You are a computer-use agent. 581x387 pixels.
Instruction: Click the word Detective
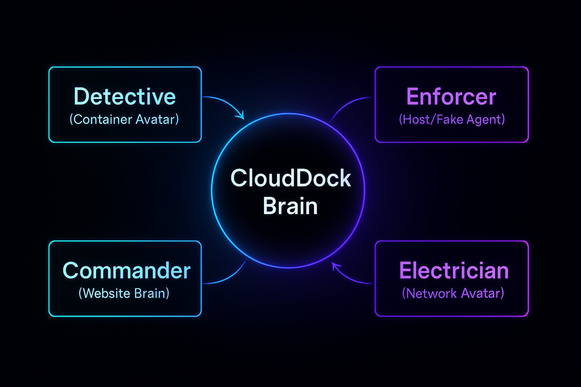click(124, 96)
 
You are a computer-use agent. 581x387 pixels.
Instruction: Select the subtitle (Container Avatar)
click(124, 119)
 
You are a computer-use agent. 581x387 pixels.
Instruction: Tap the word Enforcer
click(451, 96)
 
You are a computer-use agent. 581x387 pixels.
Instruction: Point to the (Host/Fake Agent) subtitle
click(452, 119)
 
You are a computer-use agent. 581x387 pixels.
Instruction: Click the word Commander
click(126, 271)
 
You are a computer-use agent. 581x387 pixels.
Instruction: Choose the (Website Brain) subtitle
click(124, 293)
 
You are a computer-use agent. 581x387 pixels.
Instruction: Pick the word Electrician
click(454, 271)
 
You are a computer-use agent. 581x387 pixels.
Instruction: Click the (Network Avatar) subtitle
click(453, 293)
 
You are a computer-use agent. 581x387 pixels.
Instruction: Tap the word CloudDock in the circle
click(290, 178)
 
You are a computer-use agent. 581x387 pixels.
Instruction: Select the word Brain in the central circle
click(290, 206)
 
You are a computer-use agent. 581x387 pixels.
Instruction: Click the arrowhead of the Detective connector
click(241, 116)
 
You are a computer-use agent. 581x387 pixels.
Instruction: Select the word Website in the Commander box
click(106, 293)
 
